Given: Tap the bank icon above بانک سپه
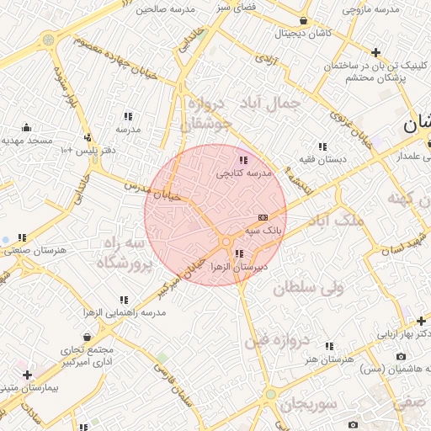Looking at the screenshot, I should pos(263,217).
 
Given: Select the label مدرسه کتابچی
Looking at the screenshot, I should pos(244,173).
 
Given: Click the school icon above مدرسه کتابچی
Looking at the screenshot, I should pos(243,159).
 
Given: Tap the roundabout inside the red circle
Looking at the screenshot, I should pos(226,242).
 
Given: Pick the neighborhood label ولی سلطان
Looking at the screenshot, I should pos(310,288).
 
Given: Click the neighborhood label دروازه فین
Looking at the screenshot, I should pos(278,341).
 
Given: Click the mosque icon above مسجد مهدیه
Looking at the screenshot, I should pos(27,128).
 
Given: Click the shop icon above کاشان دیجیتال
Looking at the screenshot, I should pos(303,21).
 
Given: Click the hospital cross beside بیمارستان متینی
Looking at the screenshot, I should pos(28,374).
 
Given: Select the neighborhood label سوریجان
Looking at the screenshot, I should pos(309,404).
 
